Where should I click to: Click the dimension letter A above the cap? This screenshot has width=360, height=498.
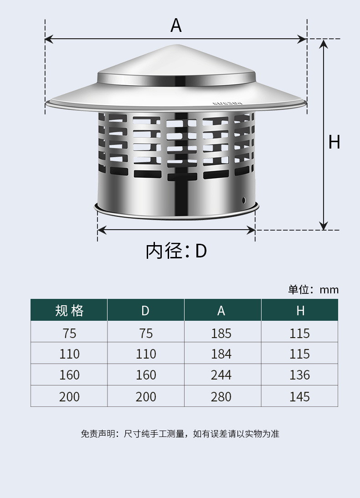(176, 26)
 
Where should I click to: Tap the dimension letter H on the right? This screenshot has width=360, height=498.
(334, 142)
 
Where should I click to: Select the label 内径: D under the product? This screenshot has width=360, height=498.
(176, 251)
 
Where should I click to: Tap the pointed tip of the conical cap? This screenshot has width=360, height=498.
(176, 45)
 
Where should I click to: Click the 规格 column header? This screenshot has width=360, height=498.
(69, 310)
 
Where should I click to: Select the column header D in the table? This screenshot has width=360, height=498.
(145, 310)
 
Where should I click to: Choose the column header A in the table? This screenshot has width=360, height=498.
(221, 310)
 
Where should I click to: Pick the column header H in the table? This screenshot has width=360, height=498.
(300, 310)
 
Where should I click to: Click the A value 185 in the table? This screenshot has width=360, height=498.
(221, 334)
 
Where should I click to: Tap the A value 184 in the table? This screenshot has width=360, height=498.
(221, 354)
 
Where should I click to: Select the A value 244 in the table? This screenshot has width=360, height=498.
(221, 375)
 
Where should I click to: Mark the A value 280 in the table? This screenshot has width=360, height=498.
(221, 397)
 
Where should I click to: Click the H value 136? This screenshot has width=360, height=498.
(300, 375)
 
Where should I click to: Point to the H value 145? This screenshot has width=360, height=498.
(300, 397)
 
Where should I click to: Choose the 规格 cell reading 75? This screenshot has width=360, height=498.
(69, 334)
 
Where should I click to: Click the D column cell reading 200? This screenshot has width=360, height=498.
(146, 397)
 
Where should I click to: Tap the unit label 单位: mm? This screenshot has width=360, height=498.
(314, 290)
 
